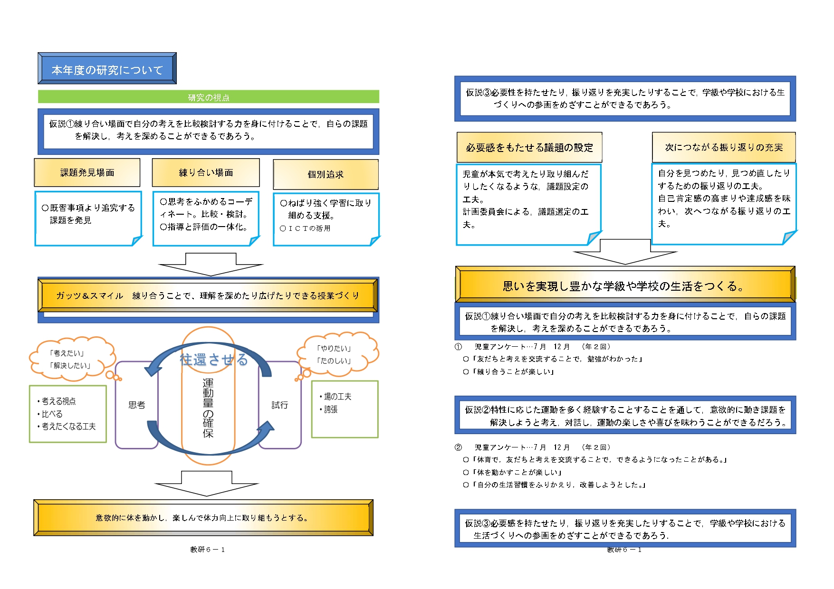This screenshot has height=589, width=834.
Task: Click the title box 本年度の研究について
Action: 107,69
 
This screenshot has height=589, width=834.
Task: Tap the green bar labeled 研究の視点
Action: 208,97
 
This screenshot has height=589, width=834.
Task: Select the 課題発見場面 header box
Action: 87,172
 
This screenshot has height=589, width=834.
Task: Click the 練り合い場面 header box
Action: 206,172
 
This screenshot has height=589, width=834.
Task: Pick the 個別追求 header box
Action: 326,174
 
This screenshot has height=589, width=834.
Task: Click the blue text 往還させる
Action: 214,360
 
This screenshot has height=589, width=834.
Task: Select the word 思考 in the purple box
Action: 137,405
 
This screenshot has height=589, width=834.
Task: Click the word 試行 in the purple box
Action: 279,405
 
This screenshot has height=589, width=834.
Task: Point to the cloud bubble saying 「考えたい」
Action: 71,359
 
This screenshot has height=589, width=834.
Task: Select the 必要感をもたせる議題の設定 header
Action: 529,148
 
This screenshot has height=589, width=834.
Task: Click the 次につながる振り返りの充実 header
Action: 724,147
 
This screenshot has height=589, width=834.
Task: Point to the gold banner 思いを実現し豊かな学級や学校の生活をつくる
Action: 624,285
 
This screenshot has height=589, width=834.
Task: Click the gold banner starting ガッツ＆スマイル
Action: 208,295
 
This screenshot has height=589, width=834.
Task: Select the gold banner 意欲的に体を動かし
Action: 203,518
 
